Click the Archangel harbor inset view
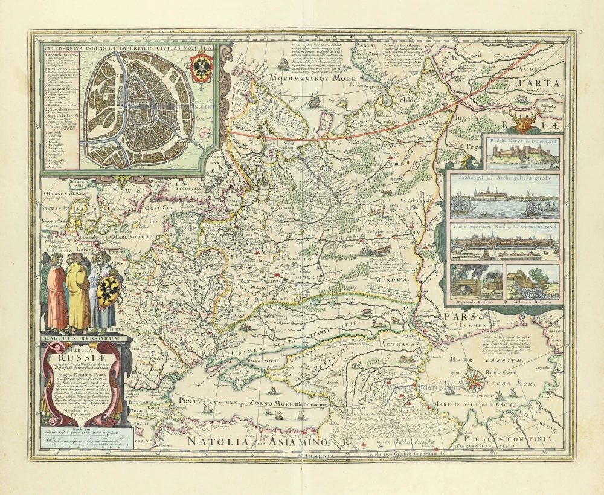point(504,197)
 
